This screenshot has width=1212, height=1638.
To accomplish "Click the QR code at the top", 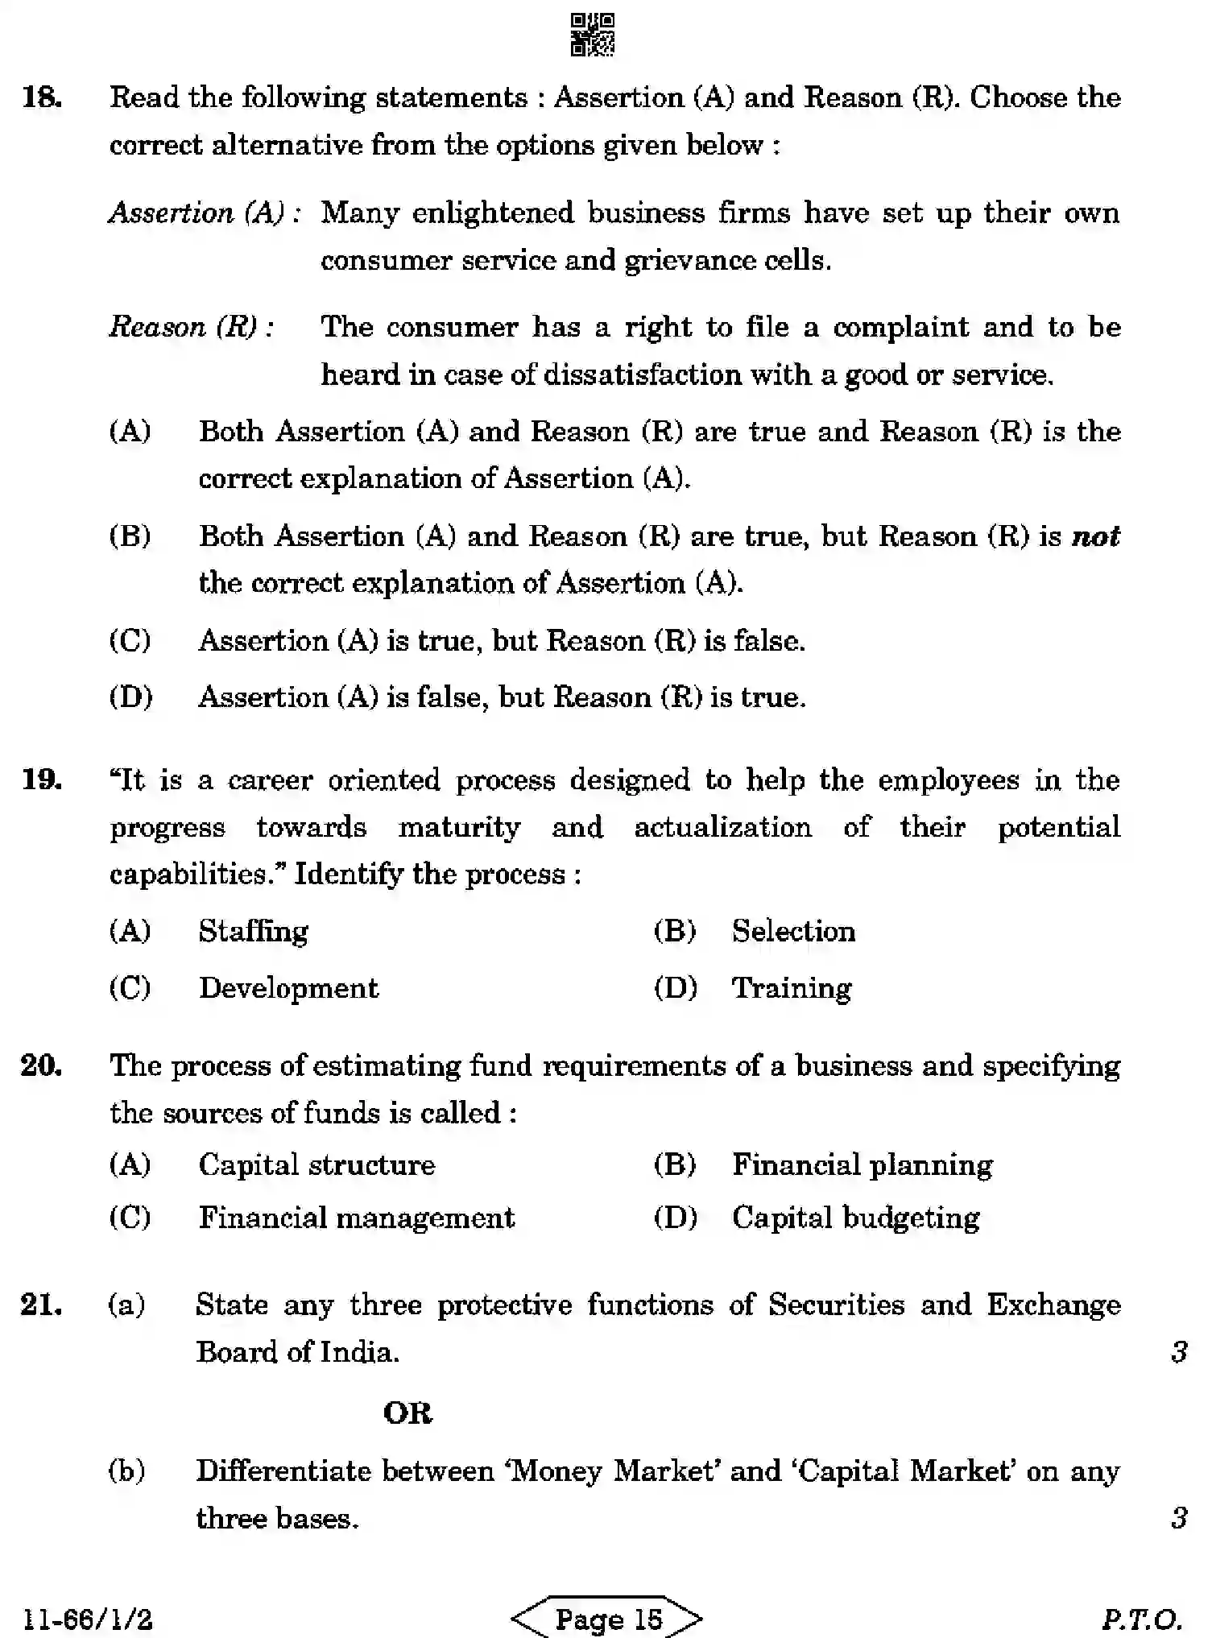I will pos(592,35).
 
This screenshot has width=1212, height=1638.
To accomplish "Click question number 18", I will pos(42,98).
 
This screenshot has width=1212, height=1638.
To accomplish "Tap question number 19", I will pos(42,780).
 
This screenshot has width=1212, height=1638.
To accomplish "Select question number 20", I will pos(42,1065).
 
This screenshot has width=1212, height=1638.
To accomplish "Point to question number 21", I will pos(42,1305).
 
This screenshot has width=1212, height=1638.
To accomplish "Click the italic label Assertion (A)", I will pos(205,213).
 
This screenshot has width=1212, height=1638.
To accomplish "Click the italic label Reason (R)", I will pos(192,327).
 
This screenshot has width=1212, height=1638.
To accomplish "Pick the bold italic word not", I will pos(1096,536).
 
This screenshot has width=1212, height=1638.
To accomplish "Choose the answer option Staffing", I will pos(254,932).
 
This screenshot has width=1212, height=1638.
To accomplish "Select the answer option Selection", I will pos(793,932).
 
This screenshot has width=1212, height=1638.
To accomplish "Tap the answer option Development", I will pos(288,988).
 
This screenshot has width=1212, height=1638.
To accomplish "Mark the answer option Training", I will pos(792,988).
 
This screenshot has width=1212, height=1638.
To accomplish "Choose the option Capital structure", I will pos(316,1165).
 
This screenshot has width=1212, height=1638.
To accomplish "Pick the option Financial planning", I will pos(862,1165).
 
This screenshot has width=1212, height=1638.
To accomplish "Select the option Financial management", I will pos(356,1218).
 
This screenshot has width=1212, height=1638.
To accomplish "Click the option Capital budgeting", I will pos(855,1218).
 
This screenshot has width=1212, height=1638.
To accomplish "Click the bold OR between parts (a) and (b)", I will pos(407,1413).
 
